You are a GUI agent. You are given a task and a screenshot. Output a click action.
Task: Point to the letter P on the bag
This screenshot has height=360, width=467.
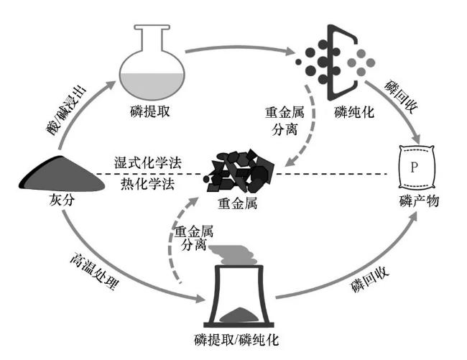point(414,168)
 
